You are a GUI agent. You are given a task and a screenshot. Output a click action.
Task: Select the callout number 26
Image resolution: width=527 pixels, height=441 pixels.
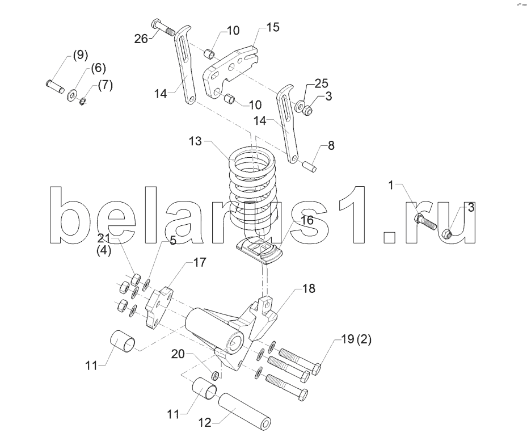point(141,39)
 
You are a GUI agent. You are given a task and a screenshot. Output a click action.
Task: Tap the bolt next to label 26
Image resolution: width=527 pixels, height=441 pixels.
point(163,28)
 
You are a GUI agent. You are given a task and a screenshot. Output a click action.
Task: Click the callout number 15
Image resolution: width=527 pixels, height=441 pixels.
point(273,27)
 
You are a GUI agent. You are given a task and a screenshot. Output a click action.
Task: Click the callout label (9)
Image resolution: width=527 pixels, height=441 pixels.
point(81,54)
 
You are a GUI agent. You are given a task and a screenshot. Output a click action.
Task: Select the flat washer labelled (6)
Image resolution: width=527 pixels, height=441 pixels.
point(72,95)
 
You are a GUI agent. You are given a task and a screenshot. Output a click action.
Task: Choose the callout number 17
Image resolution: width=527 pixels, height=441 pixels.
point(199,262)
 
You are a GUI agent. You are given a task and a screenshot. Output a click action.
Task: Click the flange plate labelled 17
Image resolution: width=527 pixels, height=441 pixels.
point(158,307)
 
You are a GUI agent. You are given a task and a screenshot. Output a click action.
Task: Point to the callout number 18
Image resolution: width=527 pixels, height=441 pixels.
point(309,288)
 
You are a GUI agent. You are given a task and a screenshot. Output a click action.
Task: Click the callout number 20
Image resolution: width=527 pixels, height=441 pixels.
point(178,354)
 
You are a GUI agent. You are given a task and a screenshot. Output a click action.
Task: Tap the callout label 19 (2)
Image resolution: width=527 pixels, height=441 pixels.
point(356,339)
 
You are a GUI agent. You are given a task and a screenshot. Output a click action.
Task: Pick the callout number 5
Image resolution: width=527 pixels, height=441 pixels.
point(173,240)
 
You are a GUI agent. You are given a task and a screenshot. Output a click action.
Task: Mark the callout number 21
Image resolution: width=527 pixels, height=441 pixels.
point(104,238)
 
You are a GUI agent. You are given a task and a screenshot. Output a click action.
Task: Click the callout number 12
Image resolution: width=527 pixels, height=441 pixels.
point(205,422)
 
